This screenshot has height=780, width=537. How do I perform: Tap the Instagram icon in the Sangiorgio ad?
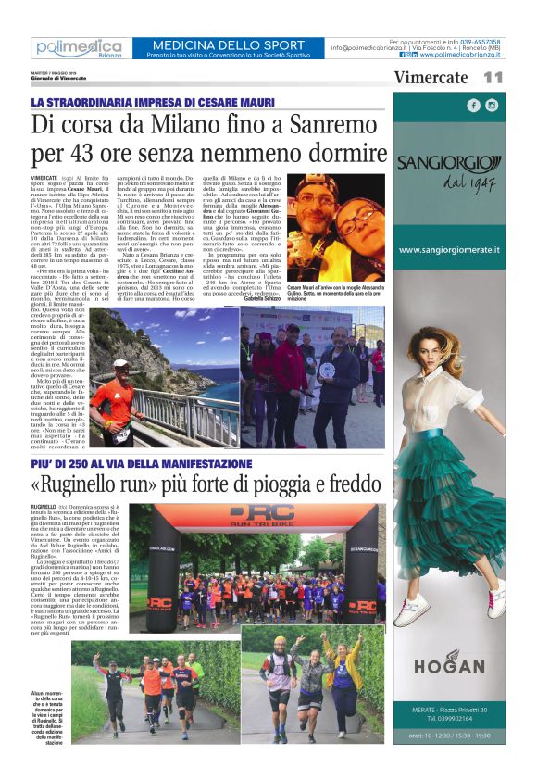pyautogui.click(x=492, y=106)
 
